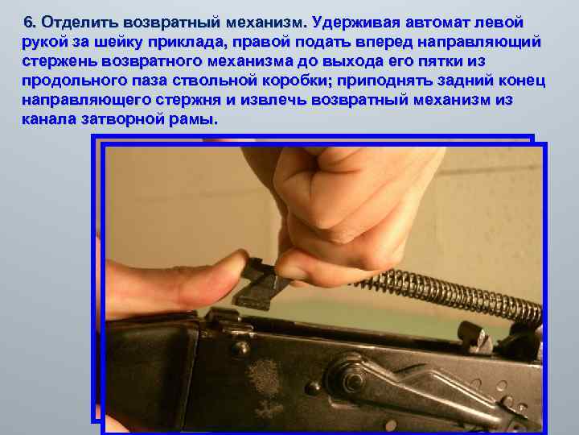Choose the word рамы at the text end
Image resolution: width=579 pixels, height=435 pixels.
pos(194,119)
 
